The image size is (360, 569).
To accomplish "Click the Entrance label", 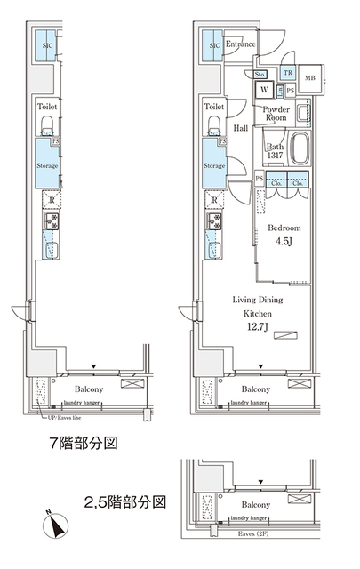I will (241, 44).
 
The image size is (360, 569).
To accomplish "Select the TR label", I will (288, 74).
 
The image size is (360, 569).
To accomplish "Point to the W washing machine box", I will (265, 90).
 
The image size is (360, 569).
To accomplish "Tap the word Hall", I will (241, 129).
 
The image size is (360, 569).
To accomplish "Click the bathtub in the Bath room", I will (298, 148).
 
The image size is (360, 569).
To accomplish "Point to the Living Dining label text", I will (259, 301).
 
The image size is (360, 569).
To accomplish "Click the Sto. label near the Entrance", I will (261, 74).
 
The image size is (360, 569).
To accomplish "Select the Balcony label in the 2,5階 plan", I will (256, 504).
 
